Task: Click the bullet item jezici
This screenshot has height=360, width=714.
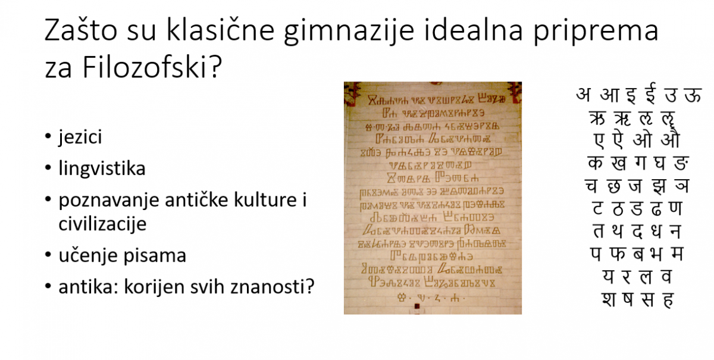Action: (x=80, y=137)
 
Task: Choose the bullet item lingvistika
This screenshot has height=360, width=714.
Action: (x=102, y=169)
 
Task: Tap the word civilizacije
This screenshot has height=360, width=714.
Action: (x=102, y=224)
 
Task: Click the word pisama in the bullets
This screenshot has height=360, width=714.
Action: (x=158, y=256)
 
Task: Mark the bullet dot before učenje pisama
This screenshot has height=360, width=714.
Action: (x=48, y=256)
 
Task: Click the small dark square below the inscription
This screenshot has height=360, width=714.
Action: (x=417, y=306)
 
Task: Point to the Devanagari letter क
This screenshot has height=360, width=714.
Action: (x=594, y=164)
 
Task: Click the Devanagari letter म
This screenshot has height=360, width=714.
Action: (x=677, y=254)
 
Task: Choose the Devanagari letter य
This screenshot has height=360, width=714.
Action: (x=607, y=277)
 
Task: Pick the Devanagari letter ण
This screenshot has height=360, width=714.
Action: (x=676, y=209)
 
